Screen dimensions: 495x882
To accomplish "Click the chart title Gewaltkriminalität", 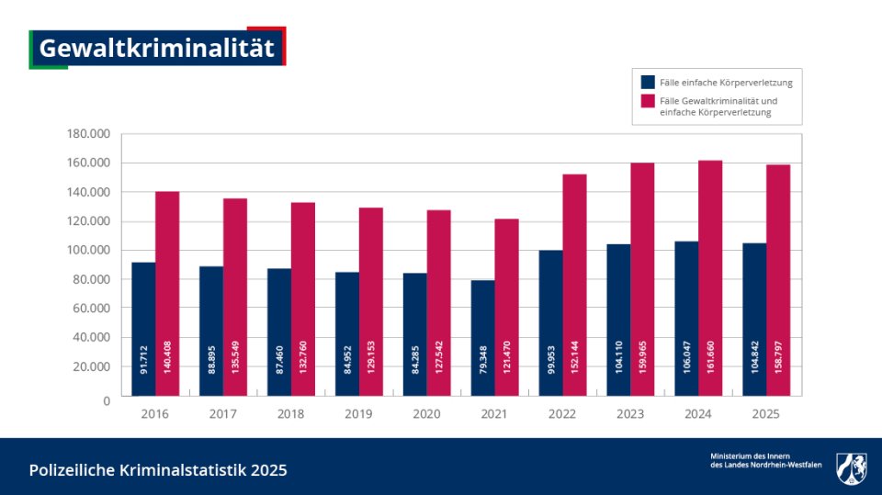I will coord(157,49).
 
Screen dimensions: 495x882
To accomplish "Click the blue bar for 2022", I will coord(550,312).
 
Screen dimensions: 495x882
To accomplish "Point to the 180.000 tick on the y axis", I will coord(88,134).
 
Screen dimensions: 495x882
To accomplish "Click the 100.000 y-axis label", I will coord(88,250).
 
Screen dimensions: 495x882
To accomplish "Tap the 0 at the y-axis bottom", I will coord(107,400).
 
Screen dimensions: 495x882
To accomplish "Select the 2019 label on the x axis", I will coord(358,414).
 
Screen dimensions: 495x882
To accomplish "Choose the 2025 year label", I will coord(765,414).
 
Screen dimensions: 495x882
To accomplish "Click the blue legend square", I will coord(648,82).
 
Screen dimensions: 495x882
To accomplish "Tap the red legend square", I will coord(648,100).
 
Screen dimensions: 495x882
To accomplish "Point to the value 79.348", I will coord(483,366).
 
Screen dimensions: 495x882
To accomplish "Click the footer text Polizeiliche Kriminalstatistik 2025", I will coord(158,470).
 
